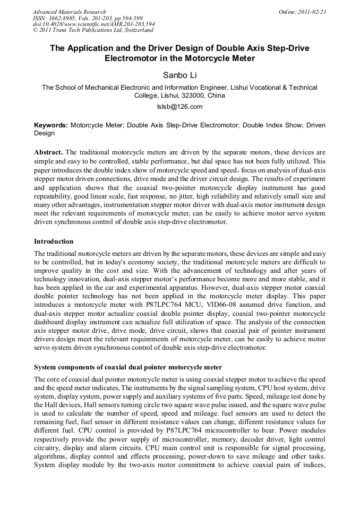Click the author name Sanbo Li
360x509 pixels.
pos(179,75)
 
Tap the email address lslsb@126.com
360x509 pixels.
pos(179,107)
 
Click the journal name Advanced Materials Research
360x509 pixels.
pos(69,12)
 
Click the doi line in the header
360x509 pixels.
pos(94,24)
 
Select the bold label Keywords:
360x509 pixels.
pos(51,125)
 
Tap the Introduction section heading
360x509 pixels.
pos(54,241)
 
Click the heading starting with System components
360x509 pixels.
pos(127,367)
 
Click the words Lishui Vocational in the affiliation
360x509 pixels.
pos(257,88)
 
